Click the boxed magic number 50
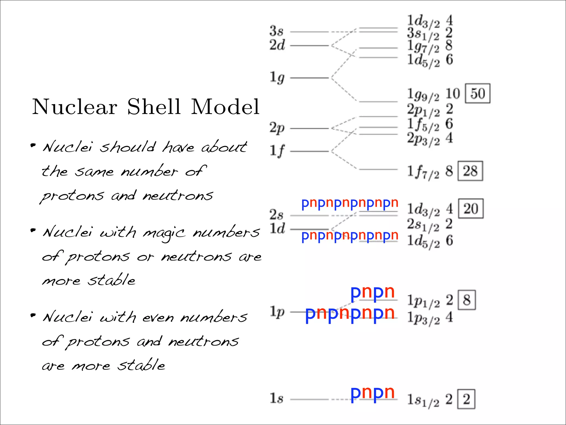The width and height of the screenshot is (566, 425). pyautogui.click(x=478, y=94)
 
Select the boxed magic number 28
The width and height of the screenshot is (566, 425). pyautogui.click(x=470, y=171)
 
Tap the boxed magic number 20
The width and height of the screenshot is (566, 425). pyautogui.click(x=471, y=209)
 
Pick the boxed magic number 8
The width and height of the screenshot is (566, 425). pyautogui.click(x=467, y=300)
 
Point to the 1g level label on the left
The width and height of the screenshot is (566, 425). pyautogui.click(x=277, y=77)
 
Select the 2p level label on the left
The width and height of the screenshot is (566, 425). pyautogui.click(x=277, y=128)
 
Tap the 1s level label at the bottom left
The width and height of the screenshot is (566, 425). pyautogui.click(x=276, y=398)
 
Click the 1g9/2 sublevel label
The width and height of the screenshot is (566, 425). pyautogui.click(x=423, y=95)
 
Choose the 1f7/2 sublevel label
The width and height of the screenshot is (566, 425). pyautogui.click(x=423, y=172)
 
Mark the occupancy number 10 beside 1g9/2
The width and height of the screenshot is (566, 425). pyautogui.click(x=453, y=94)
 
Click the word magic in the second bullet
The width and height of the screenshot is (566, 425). pyautogui.click(x=164, y=233)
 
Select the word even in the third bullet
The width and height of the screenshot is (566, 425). pyautogui.click(x=158, y=318)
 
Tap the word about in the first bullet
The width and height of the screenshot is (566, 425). pyautogui.click(x=224, y=147)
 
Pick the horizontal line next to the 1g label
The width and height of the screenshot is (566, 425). pyautogui.click(x=309, y=78)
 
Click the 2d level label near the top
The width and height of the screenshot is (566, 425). pyautogui.click(x=277, y=45)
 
